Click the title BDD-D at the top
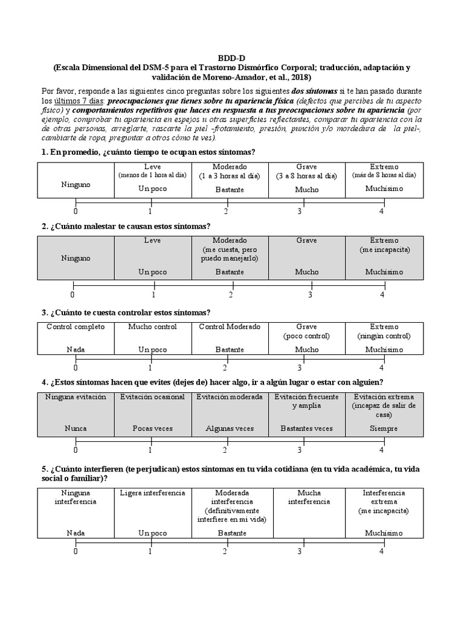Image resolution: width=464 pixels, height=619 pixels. click(x=232, y=57)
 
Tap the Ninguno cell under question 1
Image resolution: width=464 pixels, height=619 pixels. click(x=76, y=180)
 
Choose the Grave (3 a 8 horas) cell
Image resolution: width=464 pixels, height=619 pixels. click(x=306, y=180)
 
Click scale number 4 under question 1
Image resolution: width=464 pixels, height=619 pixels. click(x=381, y=212)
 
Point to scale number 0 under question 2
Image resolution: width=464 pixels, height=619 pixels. click(x=72, y=295)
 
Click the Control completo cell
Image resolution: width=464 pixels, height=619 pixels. click(x=76, y=338)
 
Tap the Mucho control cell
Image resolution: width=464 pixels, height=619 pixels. click(x=152, y=338)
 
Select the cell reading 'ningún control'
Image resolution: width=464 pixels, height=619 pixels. click(x=384, y=338)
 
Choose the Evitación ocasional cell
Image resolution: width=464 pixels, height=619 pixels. click(x=152, y=413)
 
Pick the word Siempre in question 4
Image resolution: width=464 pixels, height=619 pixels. click(x=384, y=429)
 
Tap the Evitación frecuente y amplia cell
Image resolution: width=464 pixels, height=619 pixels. click(x=306, y=413)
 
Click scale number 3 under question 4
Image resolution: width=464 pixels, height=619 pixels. click(x=299, y=450)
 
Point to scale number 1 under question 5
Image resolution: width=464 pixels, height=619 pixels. click(x=150, y=551)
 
